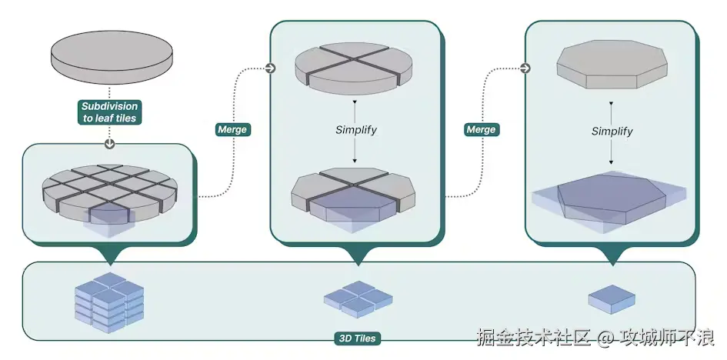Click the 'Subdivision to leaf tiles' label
pyautogui.click(x=109, y=112)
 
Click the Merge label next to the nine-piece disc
pyautogui.click(x=232, y=129)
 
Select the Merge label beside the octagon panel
pyautogui.click(x=482, y=129)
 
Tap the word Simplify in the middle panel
pyautogui.click(x=355, y=129)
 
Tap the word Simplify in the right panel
pyautogui.click(x=612, y=132)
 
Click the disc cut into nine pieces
pyautogui.click(x=109, y=188)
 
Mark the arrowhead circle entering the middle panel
pyautogui.click(x=270, y=68)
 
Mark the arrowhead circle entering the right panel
pyautogui.click(x=525, y=68)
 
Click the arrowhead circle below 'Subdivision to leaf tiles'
pyautogui.click(x=109, y=144)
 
